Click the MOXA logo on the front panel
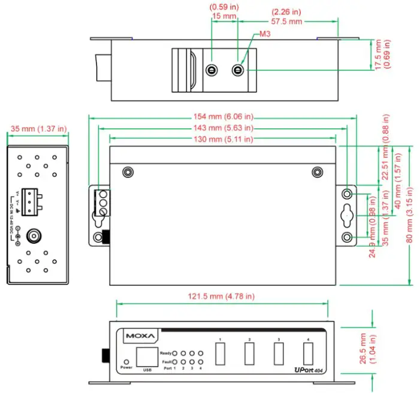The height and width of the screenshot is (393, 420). [x=140, y=336]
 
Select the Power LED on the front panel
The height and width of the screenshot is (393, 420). [x=126, y=362]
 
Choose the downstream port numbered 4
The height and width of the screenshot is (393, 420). [x=308, y=354]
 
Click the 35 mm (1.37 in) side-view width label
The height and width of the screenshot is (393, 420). [x=38, y=129]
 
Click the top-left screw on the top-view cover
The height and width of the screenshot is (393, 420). [x=126, y=173]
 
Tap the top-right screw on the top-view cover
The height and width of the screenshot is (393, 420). [x=317, y=173]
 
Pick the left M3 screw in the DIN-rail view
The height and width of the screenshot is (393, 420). [x=211, y=71]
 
